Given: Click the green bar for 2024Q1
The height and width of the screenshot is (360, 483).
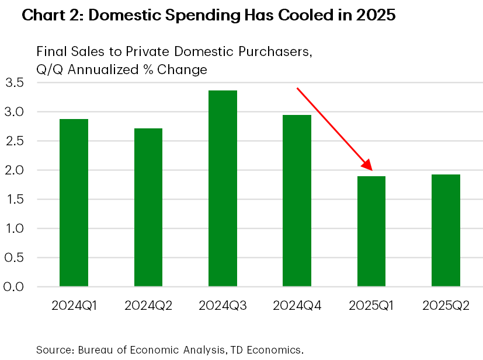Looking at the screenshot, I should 74,202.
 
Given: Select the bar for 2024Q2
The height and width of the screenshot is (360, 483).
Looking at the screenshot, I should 148,207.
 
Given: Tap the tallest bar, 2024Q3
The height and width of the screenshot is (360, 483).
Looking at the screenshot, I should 223,188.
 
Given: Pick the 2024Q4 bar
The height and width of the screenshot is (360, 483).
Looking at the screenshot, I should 297,201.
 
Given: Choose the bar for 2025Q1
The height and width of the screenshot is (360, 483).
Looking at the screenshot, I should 371,231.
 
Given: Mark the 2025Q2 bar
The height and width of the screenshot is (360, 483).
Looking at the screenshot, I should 446,230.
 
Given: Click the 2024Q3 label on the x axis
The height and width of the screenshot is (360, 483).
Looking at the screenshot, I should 223,306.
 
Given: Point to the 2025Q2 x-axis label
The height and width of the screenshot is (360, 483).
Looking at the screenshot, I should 446,306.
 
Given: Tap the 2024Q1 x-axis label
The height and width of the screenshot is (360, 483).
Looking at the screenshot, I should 74,306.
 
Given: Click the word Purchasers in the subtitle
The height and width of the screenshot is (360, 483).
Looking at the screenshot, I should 272,51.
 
